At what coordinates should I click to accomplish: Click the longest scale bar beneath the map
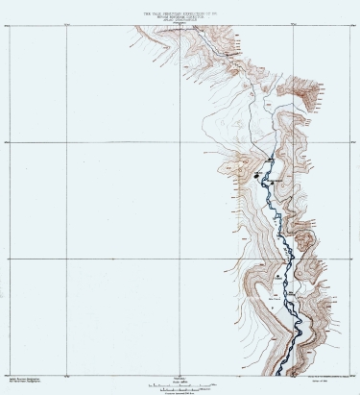coord(180,384)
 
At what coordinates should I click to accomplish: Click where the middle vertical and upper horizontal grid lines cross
coord(180,141)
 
